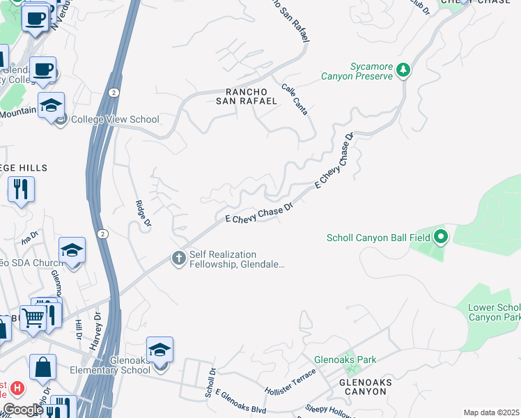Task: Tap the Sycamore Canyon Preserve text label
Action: pos(357,71)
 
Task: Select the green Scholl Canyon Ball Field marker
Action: pos(440,238)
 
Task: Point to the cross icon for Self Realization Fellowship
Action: pos(178,259)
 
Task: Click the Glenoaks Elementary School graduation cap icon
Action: pos(160,349)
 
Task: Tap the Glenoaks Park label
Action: pos(345,359)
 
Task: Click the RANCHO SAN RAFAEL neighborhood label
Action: pos(251,96)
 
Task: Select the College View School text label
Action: pos(115,119)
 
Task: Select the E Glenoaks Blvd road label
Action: pos(241,402)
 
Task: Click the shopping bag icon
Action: pos(42,366)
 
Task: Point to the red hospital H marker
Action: pos(17,387)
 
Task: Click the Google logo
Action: pos(23,410)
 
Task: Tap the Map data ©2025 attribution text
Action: pos(491,412)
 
